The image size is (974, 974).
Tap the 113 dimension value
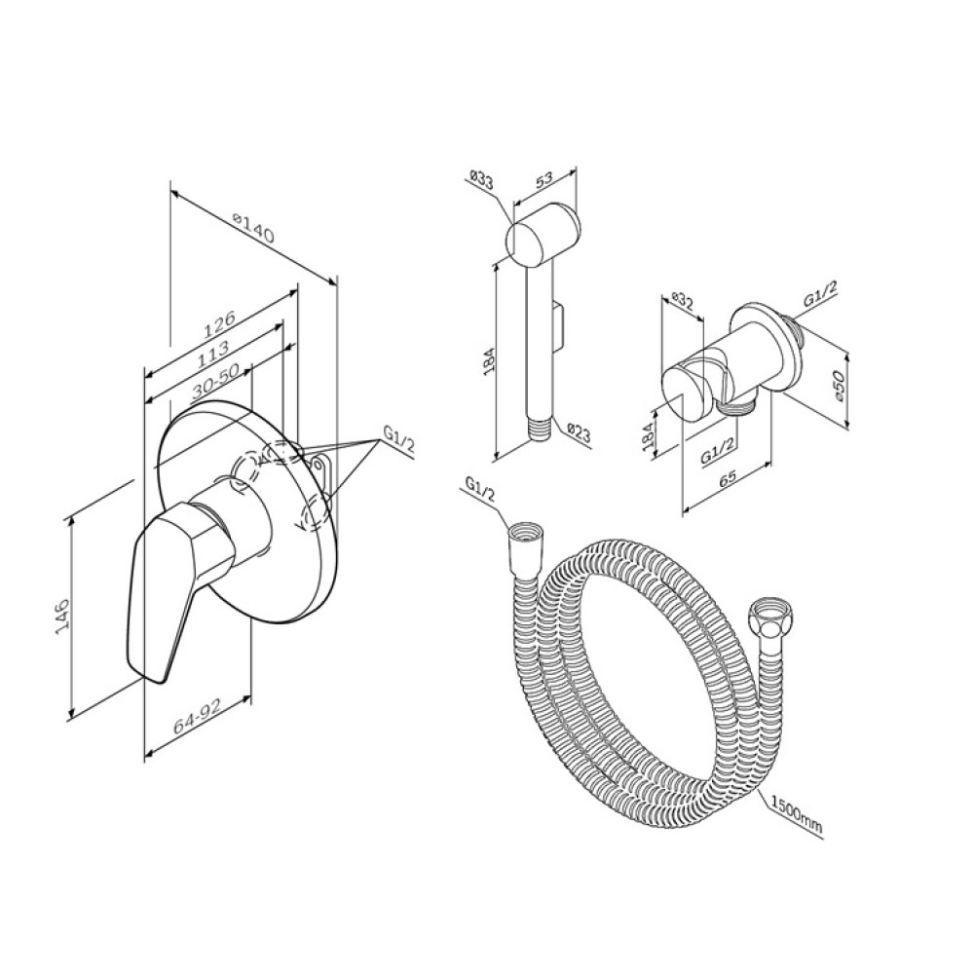tap(213, 351)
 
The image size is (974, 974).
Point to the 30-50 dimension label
tap(215, 381)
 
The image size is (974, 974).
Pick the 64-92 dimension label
tap(198, 719)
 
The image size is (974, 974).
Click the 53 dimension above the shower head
tap(543, 179)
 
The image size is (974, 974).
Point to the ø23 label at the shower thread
tap(579, 432)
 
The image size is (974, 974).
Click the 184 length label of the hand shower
tap(488, 359)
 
